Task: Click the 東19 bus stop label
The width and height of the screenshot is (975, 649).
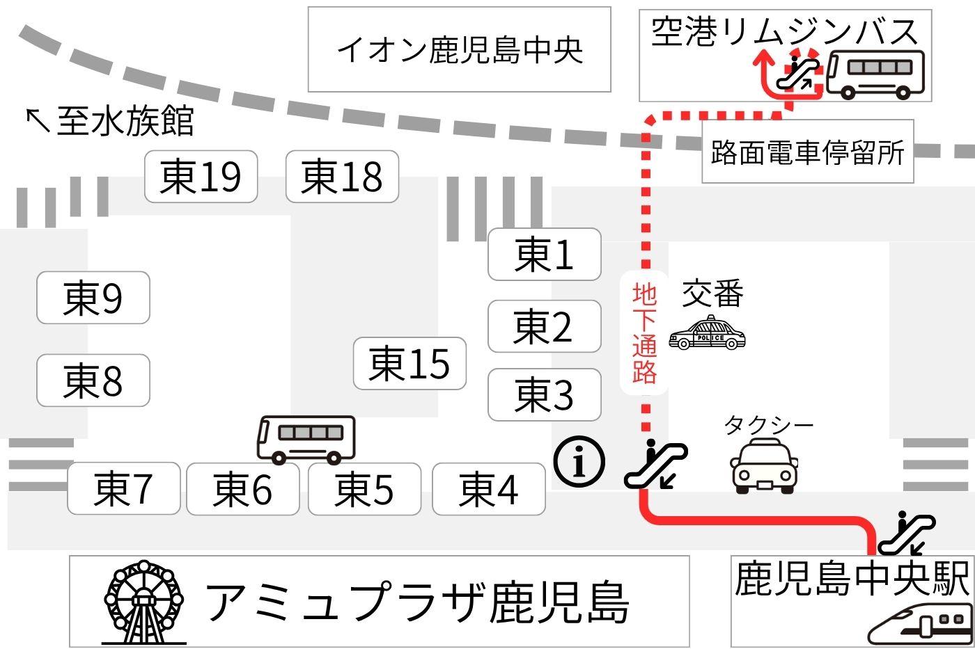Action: coord(201,177)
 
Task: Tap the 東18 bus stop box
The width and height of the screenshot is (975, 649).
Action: coord(342,177)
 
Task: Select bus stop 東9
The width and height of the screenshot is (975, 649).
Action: coord(93,298)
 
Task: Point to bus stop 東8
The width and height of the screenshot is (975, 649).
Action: coord(93,380)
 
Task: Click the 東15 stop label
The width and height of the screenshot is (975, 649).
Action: coord(409,363)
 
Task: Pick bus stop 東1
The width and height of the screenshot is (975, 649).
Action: coord(544,255)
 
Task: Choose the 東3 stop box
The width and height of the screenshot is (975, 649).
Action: coord(544,394)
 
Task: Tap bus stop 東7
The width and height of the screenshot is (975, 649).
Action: coord(123,488)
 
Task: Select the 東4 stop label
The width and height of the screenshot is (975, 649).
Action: coord(488,488)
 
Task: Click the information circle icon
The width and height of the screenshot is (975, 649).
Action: coord(579,461)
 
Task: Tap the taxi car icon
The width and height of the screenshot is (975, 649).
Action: coord(764,465)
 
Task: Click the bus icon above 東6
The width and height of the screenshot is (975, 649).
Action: coord(306,440)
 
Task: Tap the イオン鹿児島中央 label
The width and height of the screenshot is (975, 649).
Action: coord(459,50)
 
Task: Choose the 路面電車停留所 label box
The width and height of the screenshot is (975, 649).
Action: coord(807,152)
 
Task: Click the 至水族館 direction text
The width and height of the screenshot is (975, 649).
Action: coord(110,120)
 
